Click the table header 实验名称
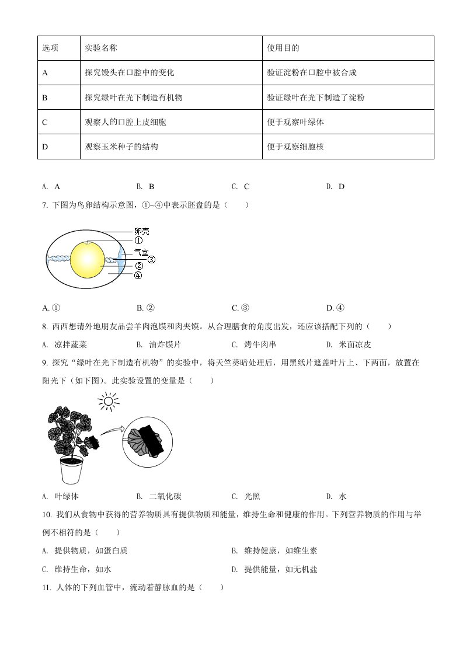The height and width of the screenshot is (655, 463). tap(101, 48)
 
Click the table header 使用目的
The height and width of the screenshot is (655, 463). tap(283, 48)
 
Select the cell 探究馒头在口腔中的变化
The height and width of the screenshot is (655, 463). tap(130, 72)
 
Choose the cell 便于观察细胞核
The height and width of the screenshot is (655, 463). tap(295, 147)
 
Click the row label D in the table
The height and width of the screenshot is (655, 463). tap(45, 147)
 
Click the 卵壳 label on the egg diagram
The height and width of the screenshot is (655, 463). tap(141, 231)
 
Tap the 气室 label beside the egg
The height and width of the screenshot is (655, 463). tap(141, 253)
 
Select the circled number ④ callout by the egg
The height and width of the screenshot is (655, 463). tap(138, 276)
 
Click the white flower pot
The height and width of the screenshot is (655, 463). tap(71, 470)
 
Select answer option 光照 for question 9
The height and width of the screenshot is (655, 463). tap(252, 496)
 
